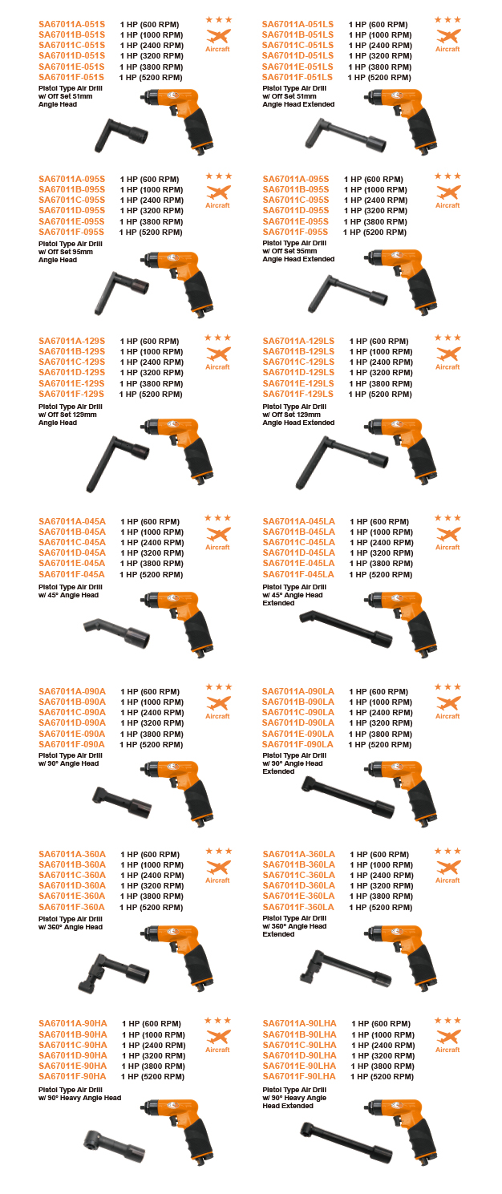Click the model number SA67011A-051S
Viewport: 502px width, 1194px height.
point(71,25)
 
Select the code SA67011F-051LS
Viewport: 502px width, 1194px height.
point(297,77)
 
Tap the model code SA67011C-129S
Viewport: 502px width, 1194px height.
point(71,362)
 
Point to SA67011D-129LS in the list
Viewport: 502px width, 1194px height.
point(298,373)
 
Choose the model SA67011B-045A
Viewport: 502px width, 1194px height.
point(72,532)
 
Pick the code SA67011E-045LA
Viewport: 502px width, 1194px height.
point(298,564)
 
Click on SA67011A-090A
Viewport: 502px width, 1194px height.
point(72,691)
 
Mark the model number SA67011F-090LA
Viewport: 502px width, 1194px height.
point(298,745)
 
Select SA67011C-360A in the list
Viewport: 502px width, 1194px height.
point(72,875)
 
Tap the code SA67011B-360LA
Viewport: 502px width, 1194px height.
point(298,864)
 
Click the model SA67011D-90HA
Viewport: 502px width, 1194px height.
point(72,1055)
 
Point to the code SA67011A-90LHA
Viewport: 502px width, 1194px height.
point(299,1023)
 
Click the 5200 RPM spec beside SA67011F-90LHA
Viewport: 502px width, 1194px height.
point(382,1077)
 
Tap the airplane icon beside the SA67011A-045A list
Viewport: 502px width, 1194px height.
point(218,534)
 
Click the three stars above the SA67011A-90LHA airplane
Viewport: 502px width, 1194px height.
point(447,1020)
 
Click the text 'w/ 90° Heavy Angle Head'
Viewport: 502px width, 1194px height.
point(79,1098)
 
